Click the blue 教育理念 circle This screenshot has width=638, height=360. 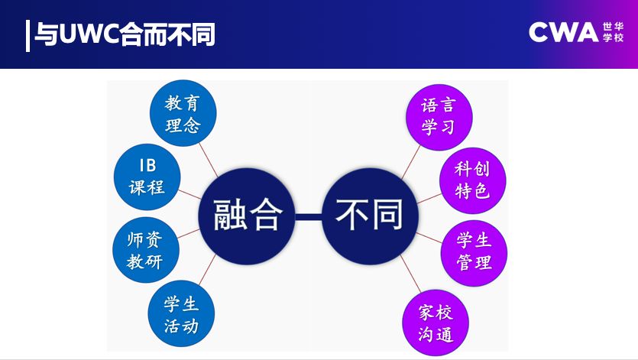click(183, 113)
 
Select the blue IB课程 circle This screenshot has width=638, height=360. click(147, 176)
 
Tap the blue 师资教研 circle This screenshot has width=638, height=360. click(144, 250)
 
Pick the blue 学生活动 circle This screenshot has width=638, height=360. click(182, 313)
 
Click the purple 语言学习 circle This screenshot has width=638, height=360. click(438, 116)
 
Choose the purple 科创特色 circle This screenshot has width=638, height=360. click(472, 180)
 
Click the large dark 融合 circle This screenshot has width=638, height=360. click(244, 216)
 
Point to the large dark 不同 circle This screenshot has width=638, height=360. click(368, 216)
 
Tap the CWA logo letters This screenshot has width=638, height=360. click(562, 32)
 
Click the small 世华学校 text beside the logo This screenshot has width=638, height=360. click(613, 32)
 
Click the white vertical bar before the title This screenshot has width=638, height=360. click(28, 34)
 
